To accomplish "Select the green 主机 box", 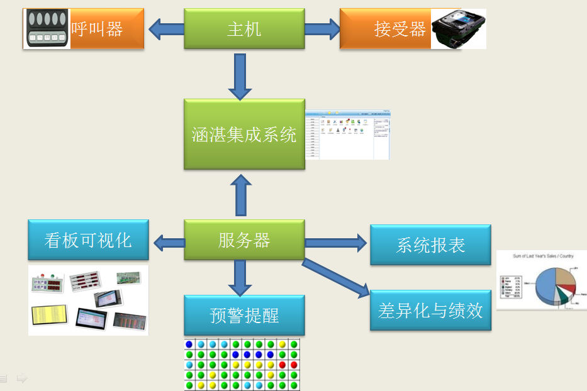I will click(x=244, y=29).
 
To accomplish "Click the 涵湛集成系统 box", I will click(x=244, y=135).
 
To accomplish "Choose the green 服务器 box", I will click(x=244, y=240).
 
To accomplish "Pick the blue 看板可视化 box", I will click(x=88, y=240).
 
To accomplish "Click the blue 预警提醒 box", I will click(x=244, y=315).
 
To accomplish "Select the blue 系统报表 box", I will click(x=430, y=245).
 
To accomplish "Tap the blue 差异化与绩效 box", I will click(x=430, y=311).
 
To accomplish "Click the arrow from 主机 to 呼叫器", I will click(x=165, y=28).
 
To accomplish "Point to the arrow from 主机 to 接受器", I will click(x=322, y=28).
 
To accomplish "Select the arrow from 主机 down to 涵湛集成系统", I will click(x=240, y=77).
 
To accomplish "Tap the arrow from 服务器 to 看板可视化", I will click(x=167, y=241).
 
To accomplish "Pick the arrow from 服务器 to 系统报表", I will click(x=336, y=242).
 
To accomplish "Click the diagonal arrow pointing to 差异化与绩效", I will click(x=336, y=277).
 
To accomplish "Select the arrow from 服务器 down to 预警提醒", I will click(x=240, y=277).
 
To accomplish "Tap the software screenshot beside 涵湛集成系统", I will click(x=348, y=135).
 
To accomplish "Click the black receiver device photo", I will click(x=459, y=29).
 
